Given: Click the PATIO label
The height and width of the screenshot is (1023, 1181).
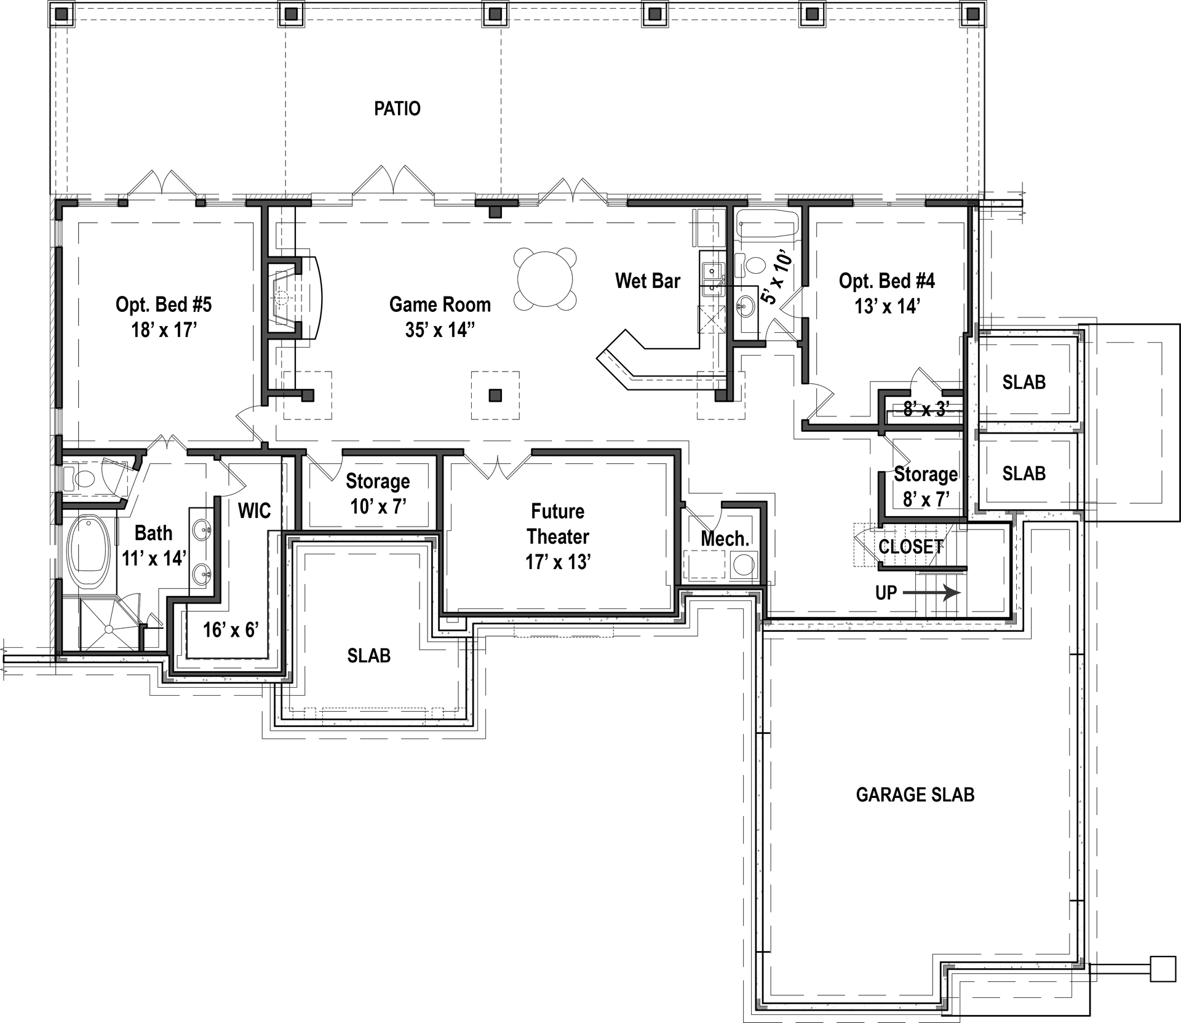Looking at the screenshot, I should [397, 109].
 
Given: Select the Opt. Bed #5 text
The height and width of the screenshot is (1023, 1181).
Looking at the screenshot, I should [164, 305].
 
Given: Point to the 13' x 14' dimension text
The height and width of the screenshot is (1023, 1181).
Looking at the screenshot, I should [886, 306].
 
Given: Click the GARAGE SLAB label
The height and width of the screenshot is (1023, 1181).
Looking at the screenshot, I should [915, 795].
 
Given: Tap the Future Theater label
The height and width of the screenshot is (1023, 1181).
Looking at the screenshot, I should [558, 523].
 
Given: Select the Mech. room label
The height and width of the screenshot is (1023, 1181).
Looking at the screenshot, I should [725, 539].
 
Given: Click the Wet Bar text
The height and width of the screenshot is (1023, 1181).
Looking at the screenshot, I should [648, 281].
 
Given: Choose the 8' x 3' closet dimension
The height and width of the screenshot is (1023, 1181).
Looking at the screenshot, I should [926, 408].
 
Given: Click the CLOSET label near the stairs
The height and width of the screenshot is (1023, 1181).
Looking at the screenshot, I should [910, 547].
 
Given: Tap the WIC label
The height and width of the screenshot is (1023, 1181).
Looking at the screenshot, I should [254, 511].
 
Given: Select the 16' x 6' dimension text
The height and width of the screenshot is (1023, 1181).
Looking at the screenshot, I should [231, 629].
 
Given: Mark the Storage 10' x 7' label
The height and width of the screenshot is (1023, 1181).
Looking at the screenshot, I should [378, 493].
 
